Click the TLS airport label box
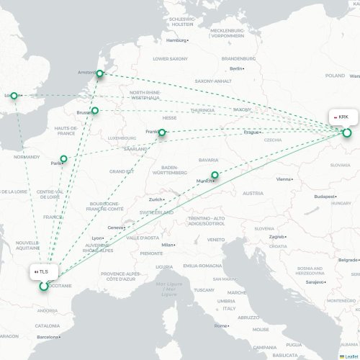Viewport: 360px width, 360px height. click(x=42, y=271)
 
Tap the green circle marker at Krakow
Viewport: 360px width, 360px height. click(x=346, y=132)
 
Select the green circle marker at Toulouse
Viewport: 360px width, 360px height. click(x=44, y=286)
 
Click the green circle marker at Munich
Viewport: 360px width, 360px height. click(x=214, y=174)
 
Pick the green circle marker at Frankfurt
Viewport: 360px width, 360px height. click(x=163, y=132)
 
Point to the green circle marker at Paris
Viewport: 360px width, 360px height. click(x=64, y=158)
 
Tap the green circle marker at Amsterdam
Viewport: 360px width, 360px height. click(x=101, y=73)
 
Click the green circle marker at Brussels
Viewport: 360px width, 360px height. click(x=94, y=111)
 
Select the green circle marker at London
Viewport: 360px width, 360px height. click(x=14, y=95)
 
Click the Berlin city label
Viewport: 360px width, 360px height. click(x=235, y=68)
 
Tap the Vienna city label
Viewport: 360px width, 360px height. click(x=285, y=179)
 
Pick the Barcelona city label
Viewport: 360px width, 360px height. click(x=50, y=336)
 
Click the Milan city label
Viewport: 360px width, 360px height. click(x=168, y=245)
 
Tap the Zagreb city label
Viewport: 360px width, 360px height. click(x=277, y=236)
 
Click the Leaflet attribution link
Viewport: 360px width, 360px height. click(x=349, y=356)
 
